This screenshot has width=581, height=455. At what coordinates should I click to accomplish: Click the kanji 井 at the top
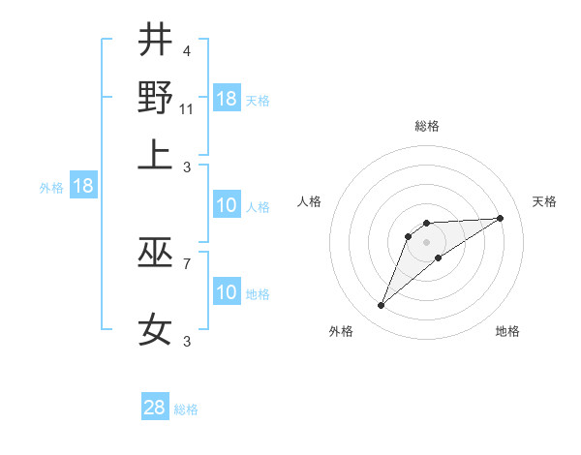(x=155, y=41)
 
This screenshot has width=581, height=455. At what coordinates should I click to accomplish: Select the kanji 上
(x=155, y=154)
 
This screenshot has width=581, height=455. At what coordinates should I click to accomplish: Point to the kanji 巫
(x=155, y=253)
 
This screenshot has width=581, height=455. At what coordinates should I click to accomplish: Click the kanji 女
(x=155, y=330)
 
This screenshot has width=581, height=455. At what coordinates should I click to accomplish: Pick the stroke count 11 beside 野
(x=187, y=108)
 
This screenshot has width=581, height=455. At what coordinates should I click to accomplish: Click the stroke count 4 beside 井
(x=186, y=51)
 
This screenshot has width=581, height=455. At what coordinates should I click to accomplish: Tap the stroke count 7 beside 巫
(x=186, y=262)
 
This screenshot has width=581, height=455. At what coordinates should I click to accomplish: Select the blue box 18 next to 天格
(x=227, y=99)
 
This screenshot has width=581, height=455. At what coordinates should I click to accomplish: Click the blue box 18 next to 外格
(x=83, y=186)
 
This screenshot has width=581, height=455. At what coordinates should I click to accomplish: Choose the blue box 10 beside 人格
(x=227, y=205)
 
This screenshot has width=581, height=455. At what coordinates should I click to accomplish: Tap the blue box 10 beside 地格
(x=227, y=292)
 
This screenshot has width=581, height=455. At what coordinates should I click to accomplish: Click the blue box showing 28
(x=155, y=408)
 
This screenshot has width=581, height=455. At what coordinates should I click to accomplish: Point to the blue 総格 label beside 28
(x=186, y=409)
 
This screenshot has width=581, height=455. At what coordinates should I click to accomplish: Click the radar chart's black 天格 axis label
(x=544, y=201)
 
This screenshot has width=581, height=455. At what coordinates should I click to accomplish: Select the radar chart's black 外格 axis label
(x=341, y=332)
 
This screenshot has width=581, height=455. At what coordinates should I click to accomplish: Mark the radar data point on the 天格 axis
(x=501, y=218)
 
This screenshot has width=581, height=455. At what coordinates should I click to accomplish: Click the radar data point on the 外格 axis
(x=382, y=306)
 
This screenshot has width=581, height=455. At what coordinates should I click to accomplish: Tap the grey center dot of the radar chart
(x=426, y=241)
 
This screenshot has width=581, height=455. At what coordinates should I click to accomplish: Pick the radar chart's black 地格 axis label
(x=507, y=332)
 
